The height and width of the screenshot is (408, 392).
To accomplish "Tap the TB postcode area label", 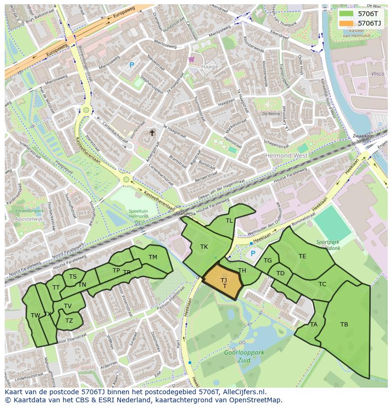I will click(344, 325).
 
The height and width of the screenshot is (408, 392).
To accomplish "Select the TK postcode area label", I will click(204, 247).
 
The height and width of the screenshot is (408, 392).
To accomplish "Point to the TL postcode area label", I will click(229, 221).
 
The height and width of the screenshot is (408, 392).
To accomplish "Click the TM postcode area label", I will click(153, 257).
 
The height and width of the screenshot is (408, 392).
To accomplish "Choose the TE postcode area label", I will click(302, 256).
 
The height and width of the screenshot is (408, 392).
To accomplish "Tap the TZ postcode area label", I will click(69, 321).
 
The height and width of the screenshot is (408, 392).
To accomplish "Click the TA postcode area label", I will click(313, 325).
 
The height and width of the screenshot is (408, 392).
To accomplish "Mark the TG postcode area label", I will click(267, 261).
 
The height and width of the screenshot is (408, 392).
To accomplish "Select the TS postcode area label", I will click(73, 277).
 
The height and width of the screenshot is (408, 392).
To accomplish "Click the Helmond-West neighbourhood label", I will click(287, 156).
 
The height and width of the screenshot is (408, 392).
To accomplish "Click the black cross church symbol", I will click(152, 133).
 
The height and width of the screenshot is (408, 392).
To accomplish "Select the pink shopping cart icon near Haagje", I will click(191, 59).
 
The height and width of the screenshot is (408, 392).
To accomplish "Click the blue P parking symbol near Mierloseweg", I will click(132, 65).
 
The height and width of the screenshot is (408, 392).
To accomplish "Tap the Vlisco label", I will click(377, 74).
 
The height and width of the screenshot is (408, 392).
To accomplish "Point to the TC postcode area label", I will click(322, 284).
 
